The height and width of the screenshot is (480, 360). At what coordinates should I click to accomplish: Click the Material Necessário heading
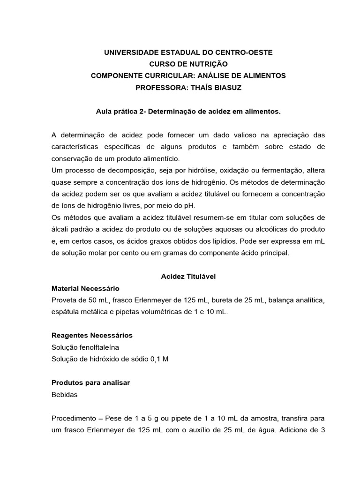point(85,288)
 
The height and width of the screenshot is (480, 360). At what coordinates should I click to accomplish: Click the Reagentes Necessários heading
point(92,335)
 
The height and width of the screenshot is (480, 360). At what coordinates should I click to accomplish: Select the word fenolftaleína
point(97,347)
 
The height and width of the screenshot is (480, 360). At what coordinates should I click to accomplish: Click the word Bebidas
point(64,394)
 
